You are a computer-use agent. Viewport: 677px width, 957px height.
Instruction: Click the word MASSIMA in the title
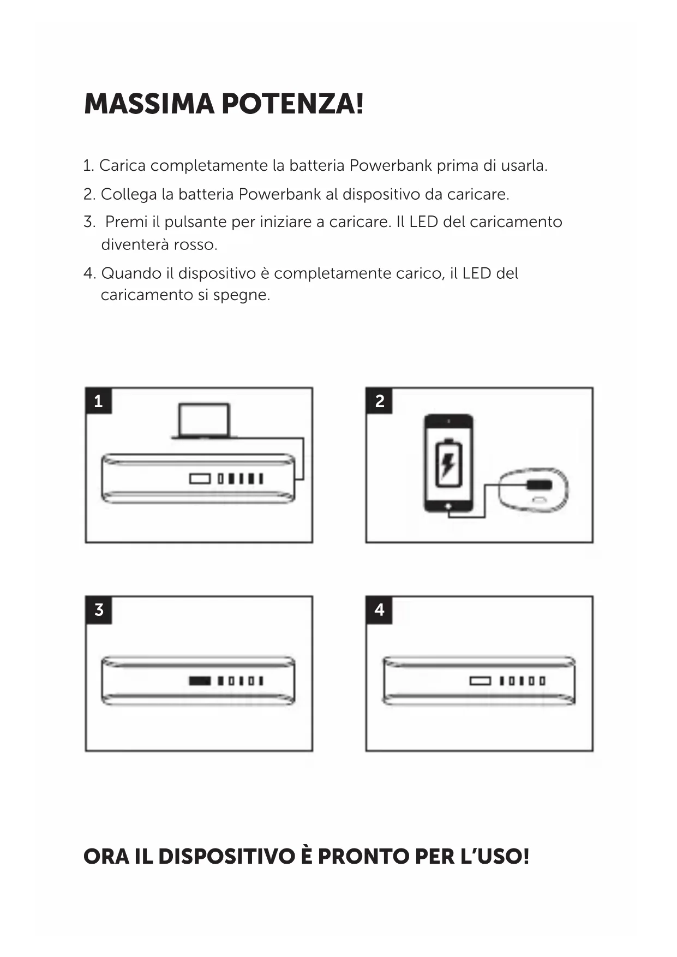[x=149, y=104]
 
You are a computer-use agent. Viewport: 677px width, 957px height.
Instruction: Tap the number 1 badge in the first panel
[x=98, y=401]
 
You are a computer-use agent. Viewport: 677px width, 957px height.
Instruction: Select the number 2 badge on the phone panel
[x=379, y=401]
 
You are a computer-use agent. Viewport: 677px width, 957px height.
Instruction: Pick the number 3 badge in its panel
[x=98, y=609]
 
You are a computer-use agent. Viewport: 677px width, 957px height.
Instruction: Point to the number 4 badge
[x=379, y=609]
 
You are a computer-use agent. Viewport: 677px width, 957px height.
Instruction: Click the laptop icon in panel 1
[x=204, y=421]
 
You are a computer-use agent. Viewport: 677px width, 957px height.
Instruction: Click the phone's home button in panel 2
[x=448, y=506]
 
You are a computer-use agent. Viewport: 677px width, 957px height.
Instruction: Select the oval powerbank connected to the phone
[x=534, y=489]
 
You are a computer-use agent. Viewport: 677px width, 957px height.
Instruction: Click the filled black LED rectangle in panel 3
[x=200, y=681]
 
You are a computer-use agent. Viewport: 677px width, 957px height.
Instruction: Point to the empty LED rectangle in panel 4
[x=480, y=681]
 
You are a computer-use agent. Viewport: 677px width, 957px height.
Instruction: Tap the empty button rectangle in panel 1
[x=200, y=478]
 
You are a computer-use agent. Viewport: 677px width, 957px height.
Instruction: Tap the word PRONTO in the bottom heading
[x=363, y=856]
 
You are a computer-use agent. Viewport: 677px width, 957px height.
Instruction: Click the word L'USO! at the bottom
[x=495, y=856]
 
